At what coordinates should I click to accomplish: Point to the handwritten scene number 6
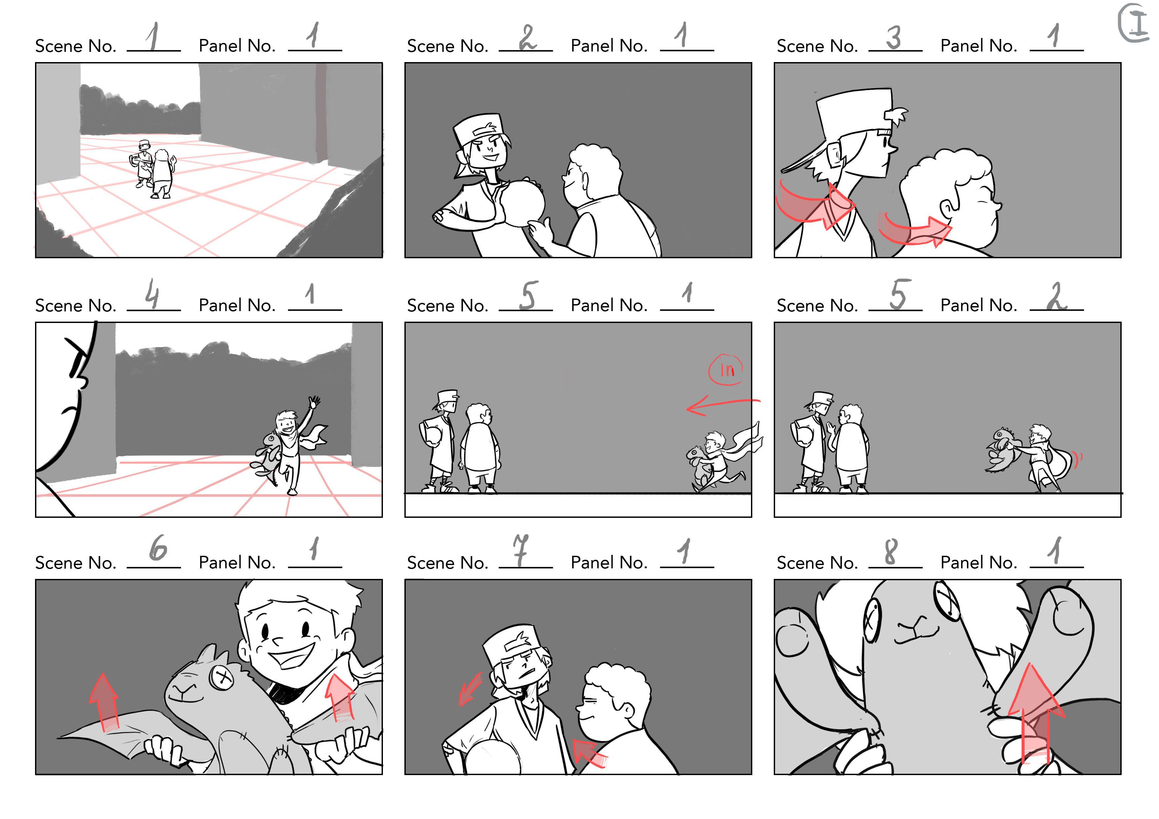(158, 549)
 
